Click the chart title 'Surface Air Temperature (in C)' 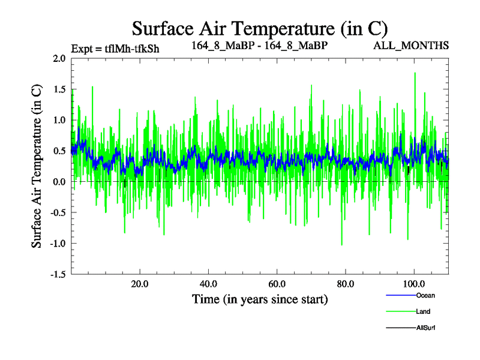(x=260, y=28)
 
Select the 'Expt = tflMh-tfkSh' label (x=115, y=49)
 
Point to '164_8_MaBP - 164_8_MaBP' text (x=259, y=46)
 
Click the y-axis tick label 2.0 (x=59, y=58)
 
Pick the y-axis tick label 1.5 (x=59, y=89)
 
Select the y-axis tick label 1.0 (x=59, y=120)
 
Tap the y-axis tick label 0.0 (x=59, y=182)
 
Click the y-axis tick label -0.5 (x=57, y=212)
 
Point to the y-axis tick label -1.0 (x=57, y=244)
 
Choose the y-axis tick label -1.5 (x=57, y=274)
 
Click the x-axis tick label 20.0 (x=140, y=284)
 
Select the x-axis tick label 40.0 (x=208, y=284)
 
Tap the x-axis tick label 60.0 (x=277, y=284)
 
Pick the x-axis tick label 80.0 (x=345, y=284)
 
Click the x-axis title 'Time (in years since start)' (x=260, y=299)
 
